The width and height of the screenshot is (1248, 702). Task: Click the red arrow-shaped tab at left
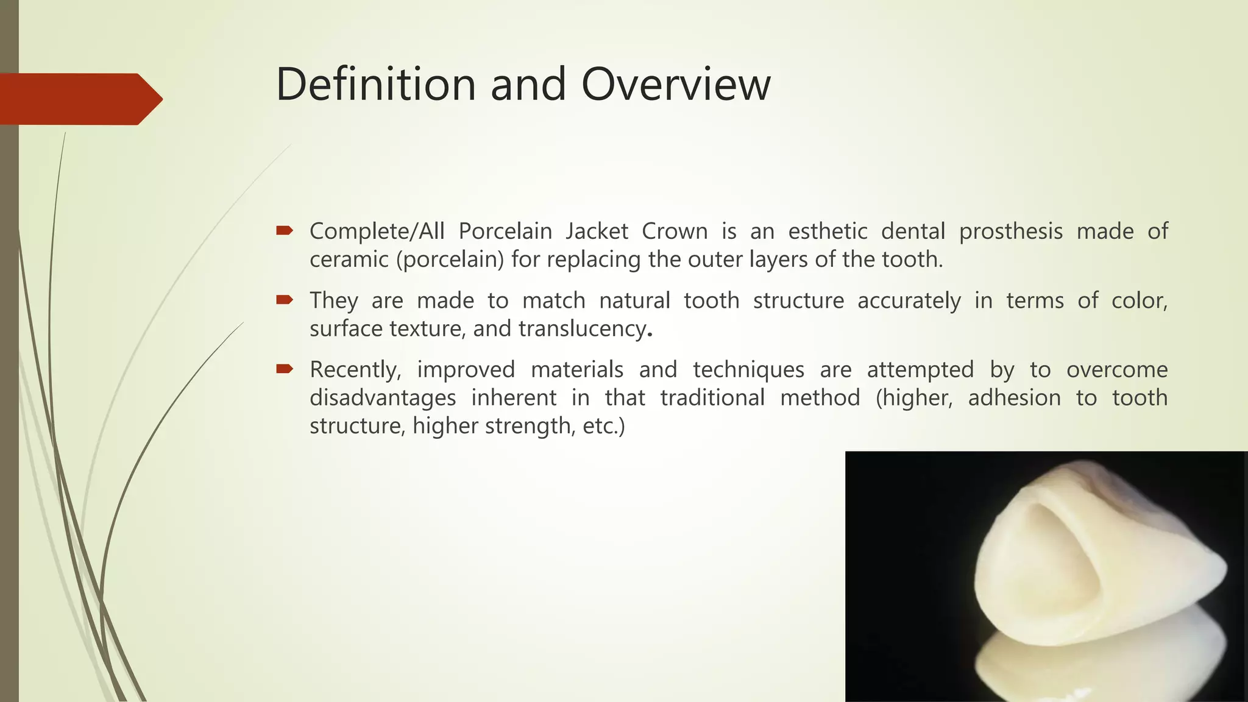[79, 99]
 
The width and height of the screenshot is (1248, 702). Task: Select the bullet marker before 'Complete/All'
[284, 230]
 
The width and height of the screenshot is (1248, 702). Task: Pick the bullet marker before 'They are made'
[284, 299]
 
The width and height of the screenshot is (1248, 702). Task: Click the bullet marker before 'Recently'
[284, 369]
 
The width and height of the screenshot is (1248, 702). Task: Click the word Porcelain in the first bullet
[505, 232]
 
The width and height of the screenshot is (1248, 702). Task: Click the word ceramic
[349, 260]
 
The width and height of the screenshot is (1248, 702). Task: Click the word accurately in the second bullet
[909, 301]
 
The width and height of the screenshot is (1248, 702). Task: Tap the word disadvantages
[383, 398]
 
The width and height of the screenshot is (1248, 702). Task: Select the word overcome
[1116, 370]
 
